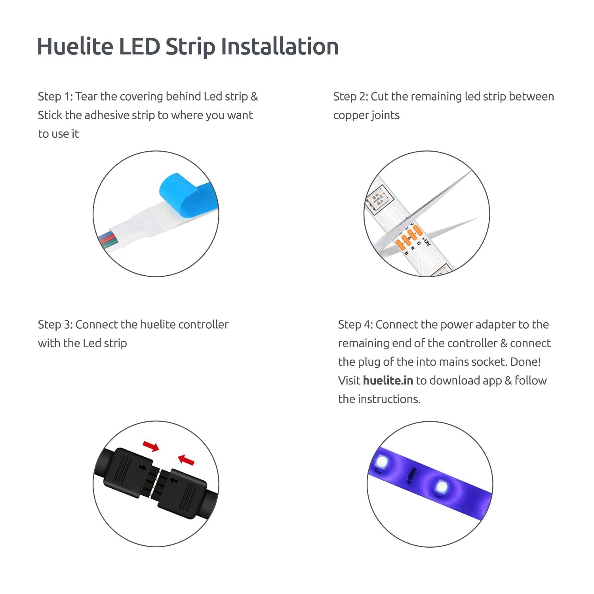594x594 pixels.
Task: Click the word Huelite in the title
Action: tap(75, 46)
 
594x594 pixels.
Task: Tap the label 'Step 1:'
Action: tap(55, 97)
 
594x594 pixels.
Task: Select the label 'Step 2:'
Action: tap(350, 97)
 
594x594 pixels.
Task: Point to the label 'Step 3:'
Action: tap(55, 325)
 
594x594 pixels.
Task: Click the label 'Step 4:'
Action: tap(355, 325)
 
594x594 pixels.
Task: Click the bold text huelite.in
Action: tap(388, 381)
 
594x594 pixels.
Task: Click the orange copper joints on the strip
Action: tap(408, 238)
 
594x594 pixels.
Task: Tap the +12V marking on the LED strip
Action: tap(426, 241)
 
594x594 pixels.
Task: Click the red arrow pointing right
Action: tap(151, 447)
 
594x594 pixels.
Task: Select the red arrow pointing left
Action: tap(186, 460)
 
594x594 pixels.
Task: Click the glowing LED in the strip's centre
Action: tap(440, 486)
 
